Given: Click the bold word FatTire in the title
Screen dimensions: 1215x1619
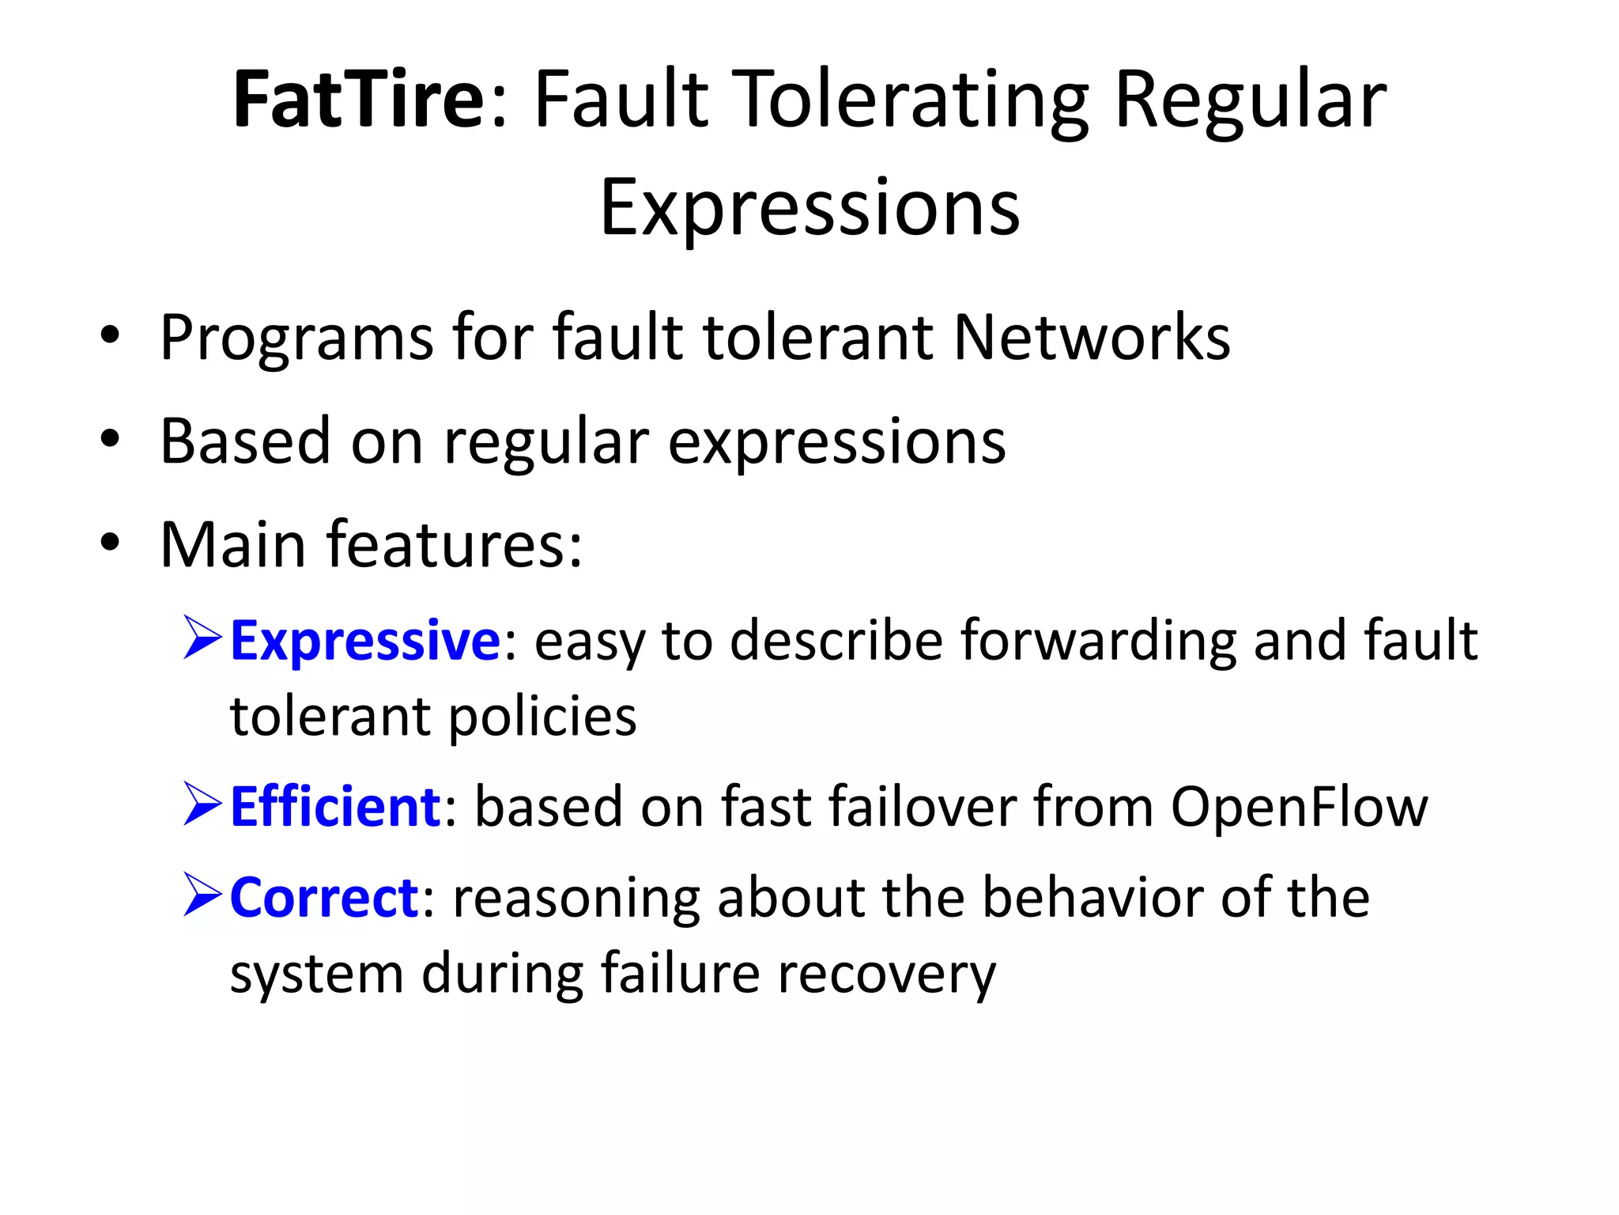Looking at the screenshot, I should click(x=358, y=100).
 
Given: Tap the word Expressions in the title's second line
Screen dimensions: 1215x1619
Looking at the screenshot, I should click(x=810, y=208).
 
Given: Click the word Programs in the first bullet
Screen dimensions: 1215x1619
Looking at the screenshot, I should click(x=296, y=339).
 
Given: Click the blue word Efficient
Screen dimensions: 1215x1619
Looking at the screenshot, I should click(x=335, y=808).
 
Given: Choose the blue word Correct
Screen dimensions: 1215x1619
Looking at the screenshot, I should click(x=324, y=899).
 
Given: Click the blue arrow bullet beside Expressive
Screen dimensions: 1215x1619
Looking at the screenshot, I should click(x=202, y=638).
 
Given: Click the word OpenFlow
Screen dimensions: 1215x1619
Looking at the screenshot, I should click(x=1299, y=808).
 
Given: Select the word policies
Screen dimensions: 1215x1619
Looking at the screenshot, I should click(x=543, y=718).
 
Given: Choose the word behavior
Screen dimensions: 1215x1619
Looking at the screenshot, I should click(x=1091, y=899).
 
